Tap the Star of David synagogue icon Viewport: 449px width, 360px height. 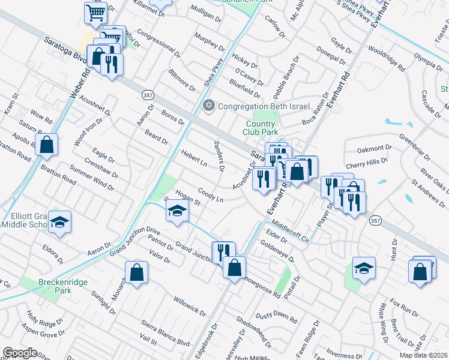(x=209, y=106)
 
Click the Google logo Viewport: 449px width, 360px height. (x=20, y=353)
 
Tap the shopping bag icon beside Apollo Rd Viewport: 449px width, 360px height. (x=46, y=145)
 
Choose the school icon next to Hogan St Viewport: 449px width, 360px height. (x=178, y=211)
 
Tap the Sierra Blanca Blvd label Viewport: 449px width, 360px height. (x=166, y=331)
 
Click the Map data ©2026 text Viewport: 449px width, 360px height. (x=423, y=355)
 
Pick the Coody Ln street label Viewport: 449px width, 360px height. (x=211, y=196)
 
